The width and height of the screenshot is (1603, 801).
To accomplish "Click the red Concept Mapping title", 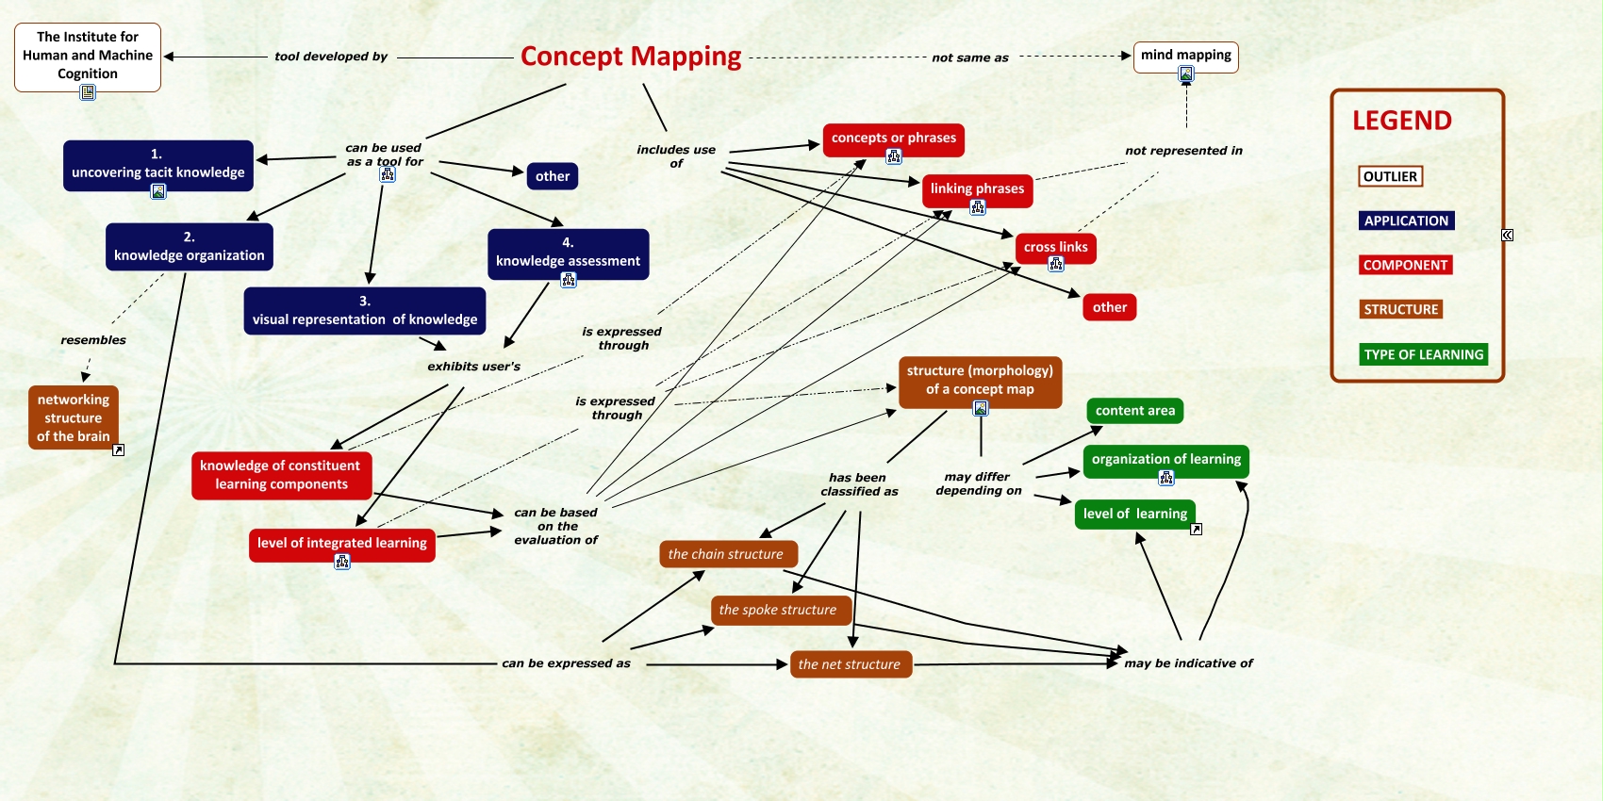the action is click(x=631, y=57).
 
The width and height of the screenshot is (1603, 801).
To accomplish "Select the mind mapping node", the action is click(x=1186, y=57).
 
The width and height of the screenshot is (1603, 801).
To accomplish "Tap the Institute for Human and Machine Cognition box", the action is click(x=88, y=57).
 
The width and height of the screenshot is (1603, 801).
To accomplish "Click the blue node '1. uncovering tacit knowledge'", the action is click(x=158, y=165).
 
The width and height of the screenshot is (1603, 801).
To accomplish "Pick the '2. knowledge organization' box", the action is click(x=189, y=247).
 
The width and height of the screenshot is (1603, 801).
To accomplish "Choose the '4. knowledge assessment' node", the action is click(x=569, y=253).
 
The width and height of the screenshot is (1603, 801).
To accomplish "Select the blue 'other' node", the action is click(x=553, y=176).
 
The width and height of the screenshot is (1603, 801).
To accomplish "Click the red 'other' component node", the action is click(x=1109, y=307).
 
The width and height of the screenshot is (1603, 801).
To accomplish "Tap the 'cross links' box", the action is click(x=1055, y=248).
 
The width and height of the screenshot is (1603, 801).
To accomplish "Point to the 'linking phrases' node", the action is click(x=978, y=190).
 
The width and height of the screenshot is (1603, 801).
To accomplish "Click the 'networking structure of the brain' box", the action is click(x=73, y=417).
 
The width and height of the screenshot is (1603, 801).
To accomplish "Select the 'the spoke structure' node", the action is click(x=782, y=610).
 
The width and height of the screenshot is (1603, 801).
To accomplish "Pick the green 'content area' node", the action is click(x=1135, y=411).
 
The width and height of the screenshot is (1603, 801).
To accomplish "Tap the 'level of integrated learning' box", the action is click(x=342, y=545).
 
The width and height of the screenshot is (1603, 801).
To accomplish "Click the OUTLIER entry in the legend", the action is click(x=1391, y=176).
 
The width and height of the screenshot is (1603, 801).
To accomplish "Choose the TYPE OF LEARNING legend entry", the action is click(x=1424, y=354).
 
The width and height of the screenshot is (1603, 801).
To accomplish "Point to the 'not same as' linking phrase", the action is click(x=969, y=57).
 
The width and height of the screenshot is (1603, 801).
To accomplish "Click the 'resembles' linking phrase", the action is click(x=93, y=340).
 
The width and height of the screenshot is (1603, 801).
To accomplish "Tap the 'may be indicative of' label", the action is click(x=1188, y=663).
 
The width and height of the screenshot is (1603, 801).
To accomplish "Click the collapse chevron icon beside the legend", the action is click(x=1507, y=236).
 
